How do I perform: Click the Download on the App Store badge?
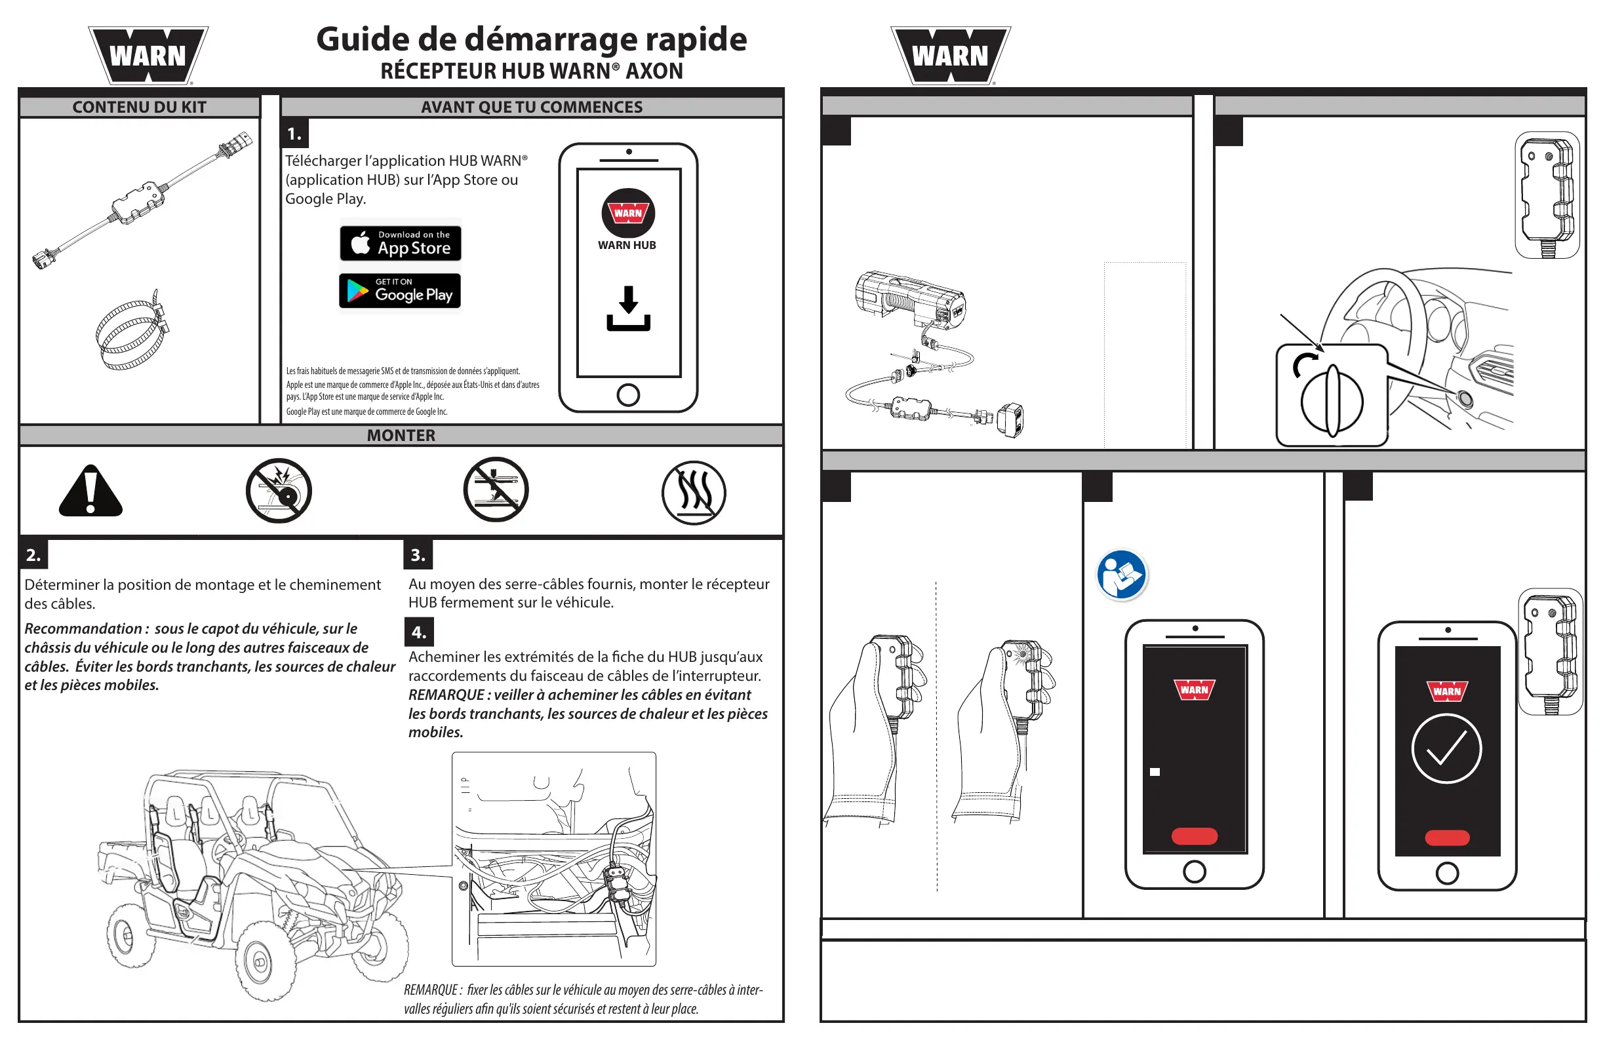tap(401, 243)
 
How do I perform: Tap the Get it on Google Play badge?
tap(400, 291)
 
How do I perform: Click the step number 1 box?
tap(294, 134)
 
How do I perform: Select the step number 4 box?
tap(419, 632)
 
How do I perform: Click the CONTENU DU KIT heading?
tap(139, 107)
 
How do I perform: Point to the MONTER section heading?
tap(401, 435)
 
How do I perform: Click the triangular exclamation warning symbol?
tap(90, 491)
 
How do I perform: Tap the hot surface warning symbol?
tap(693, 493)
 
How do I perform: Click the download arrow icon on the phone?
tap(628, 308)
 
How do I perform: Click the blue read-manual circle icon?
tap(1120, 575)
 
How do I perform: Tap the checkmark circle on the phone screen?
tap(1446, 749)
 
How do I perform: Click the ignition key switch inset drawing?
tap(1332, 396)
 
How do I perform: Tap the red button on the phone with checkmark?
tap(1447, 838)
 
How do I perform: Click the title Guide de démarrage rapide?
tap(532, 39)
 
